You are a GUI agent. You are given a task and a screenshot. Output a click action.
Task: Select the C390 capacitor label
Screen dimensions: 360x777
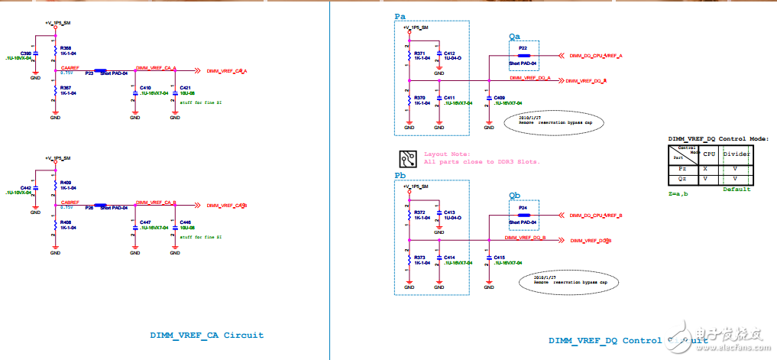pos(27,53)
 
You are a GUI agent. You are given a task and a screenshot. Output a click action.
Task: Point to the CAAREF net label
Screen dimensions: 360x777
pos(71,67)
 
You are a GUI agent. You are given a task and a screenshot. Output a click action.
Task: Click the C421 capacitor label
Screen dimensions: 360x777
pos(186,88)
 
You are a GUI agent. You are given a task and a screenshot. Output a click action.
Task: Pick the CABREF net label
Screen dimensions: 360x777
pos(71,203)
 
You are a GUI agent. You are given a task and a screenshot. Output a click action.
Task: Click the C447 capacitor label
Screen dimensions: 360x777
pos(146,222)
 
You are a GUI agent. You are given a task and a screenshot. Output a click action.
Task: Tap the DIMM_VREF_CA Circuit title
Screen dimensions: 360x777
pos(206,335)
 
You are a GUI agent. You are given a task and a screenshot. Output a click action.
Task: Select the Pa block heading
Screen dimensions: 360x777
pos(400,16)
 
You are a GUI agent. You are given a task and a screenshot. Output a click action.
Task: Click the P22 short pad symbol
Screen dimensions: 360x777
pos(523,55)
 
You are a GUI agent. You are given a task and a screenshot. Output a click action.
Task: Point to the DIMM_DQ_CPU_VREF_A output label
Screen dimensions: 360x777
pos(595,56)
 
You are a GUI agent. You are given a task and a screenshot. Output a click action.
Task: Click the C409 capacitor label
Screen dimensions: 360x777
pos(499,98)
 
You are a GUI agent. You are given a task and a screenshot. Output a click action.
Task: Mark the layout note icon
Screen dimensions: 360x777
pos(407,158)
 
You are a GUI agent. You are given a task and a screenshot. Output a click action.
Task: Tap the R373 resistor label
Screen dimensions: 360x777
pos(419,258)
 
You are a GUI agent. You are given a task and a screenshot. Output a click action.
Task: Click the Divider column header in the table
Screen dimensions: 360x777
pos(737,153)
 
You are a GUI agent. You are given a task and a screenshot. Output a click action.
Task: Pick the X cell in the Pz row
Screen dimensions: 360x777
pos(704,168)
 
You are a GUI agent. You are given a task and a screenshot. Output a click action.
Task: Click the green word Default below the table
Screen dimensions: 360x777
pos(737,189)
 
